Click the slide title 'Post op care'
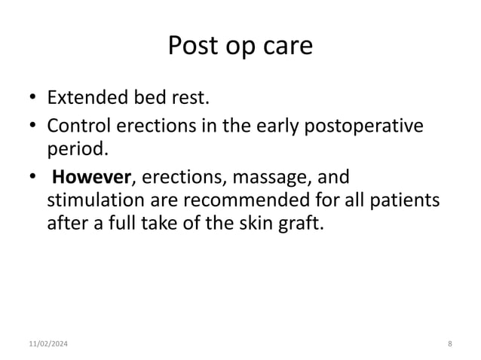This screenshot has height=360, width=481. coord(240,47)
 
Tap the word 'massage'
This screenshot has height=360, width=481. coord(265,178)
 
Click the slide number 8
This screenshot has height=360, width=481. coord(449,344)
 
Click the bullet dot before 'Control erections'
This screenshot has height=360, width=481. coord(33,126)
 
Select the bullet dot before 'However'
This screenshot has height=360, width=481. coord(33,178)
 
